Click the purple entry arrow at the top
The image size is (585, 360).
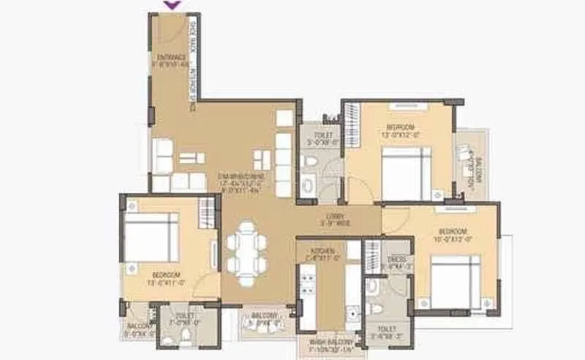tap(173, 5)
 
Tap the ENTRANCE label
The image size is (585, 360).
tap(169, 59)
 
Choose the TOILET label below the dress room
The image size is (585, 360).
tap(385, 333)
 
